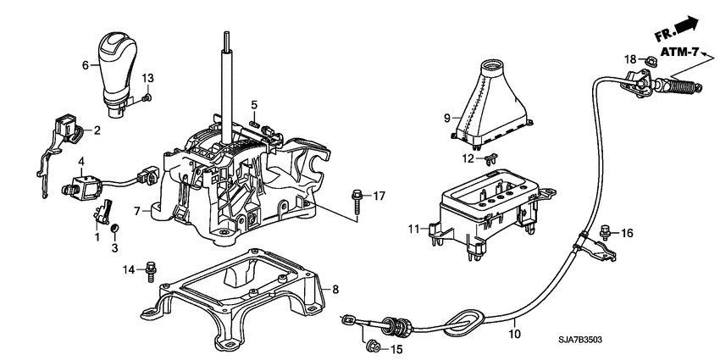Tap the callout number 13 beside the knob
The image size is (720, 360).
coord(147,79)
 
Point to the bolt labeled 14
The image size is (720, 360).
coord(152,269)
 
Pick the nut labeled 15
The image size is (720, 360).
coord(370,346)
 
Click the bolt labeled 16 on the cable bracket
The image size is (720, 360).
coord(606,230)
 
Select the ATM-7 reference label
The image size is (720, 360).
coord(681,53)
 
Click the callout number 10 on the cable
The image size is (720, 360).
coord(513,335)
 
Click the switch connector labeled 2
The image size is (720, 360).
coord(66,128)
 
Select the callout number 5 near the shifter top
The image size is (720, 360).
coord(253,104)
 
